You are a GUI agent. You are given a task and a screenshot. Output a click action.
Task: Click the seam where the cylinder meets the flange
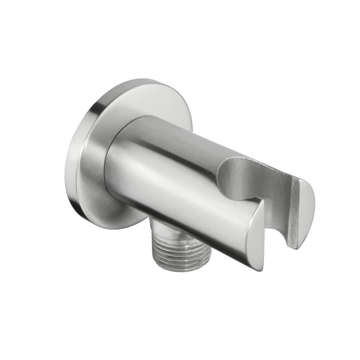[109, 172]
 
